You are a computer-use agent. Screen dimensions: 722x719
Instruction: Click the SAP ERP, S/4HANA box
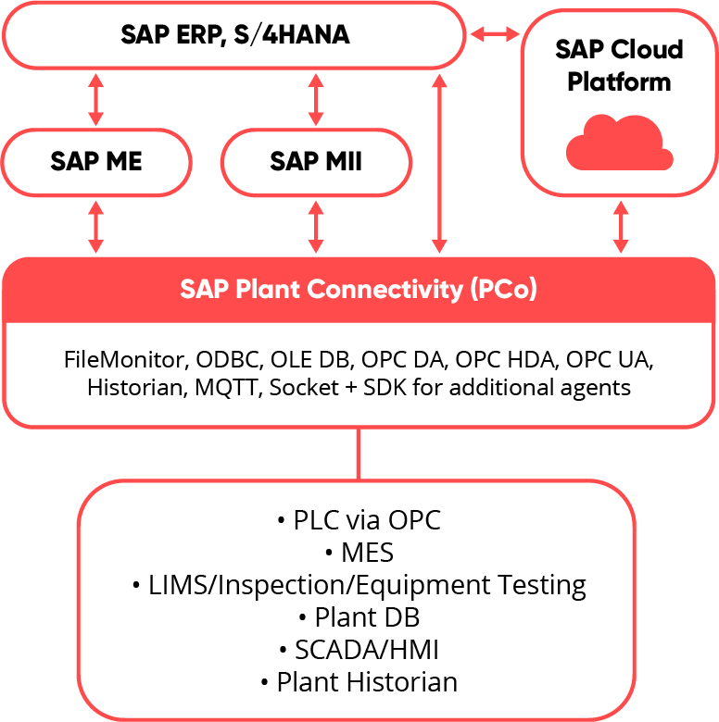coord(234,36)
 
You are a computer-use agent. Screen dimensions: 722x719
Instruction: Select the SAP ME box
coord(96,162)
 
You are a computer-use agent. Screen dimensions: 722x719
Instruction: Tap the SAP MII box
coord(316,162)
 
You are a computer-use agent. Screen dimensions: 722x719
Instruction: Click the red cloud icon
coord(619,143)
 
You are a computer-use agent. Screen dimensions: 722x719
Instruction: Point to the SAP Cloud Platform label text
coord(619,65)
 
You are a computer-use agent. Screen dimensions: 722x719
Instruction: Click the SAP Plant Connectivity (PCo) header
coord(359,289)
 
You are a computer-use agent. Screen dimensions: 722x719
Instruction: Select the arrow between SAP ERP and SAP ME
coord(96,100)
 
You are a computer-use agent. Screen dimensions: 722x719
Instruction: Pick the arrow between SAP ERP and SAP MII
coord(316,100)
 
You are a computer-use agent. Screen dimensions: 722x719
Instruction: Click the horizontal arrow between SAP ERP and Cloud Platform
coord(494,35)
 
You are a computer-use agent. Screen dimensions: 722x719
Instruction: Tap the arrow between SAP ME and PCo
coord(96,226)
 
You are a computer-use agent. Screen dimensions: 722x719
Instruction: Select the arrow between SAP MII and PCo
coord(316,226)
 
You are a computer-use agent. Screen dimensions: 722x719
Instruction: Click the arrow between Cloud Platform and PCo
coord(621,226)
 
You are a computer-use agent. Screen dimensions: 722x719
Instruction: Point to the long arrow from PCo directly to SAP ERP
coord(438,163)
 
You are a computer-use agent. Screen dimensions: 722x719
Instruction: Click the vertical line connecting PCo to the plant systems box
coord(359,454)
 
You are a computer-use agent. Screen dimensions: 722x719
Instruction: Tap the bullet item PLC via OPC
coord(359,520)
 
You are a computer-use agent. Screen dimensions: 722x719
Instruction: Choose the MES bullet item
coord(359,553)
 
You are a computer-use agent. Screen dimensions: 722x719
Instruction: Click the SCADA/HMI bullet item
coord(359,649)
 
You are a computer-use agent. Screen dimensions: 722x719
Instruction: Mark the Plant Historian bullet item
coord(359,682)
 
